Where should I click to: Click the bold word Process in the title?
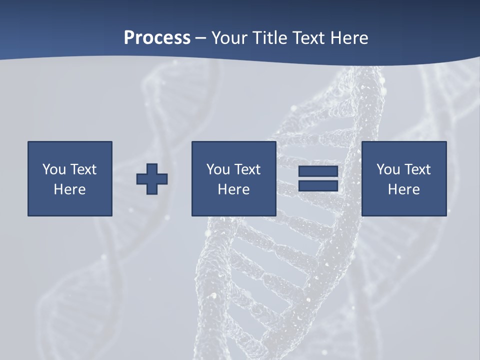tap(157, 38)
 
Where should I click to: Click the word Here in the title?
tap(350, 38)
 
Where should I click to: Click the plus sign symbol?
tap(152, 179)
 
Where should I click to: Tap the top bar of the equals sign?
tap(318, 171)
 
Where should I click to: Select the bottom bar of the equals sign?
tap(318, 185)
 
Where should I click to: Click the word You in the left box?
tap(54, 169)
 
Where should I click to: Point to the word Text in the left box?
tap(83, 169)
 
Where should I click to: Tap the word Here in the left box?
tap(69, 189)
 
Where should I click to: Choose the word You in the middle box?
tap(218, 169)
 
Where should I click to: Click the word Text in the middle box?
tap(247, 169)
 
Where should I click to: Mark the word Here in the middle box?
tap(233, 189)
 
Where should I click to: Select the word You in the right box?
tap(388, 169)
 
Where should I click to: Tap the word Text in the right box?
tap(417, 169)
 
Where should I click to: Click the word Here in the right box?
tap(403, 189)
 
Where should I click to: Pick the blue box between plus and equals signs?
tap(233, 205)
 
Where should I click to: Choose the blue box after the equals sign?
tap(403, 205)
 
